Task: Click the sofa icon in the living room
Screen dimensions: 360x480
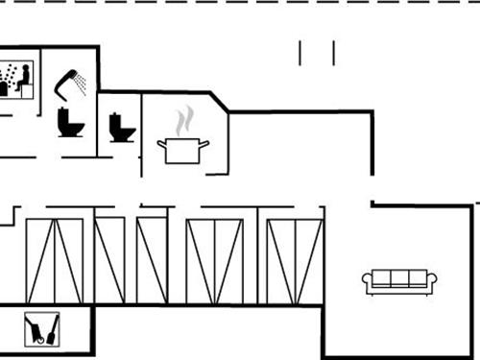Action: point(399,280)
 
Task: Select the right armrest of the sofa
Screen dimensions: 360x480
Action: point(433,280)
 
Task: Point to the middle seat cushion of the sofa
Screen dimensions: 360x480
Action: point(399,279)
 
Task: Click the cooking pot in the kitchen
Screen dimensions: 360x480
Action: point(182,150)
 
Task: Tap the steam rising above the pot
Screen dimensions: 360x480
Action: point(184,121)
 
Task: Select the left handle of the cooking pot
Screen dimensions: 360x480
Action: point(161,144)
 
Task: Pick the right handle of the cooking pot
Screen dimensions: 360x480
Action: point(204,144)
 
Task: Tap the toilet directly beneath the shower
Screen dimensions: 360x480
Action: point(71,122)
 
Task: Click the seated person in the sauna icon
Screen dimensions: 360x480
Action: point(24,77)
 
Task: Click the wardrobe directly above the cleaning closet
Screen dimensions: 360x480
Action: point(55,260)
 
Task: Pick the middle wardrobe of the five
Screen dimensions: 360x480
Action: point(152,260)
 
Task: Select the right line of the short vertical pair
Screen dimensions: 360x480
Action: point(333,53)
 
